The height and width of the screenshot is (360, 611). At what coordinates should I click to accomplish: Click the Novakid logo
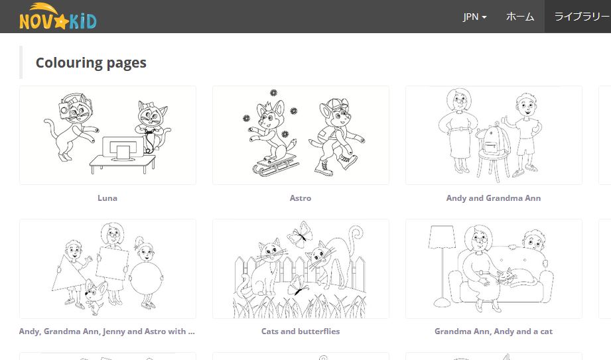pos(58,17)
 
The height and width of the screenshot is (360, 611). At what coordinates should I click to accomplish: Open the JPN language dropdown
pos(474,17)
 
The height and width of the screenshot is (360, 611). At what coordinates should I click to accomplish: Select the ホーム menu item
pos(520,17)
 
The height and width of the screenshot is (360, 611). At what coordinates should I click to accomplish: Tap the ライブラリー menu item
pos(581,17)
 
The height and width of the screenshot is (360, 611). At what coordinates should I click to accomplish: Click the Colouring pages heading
pos(91,63)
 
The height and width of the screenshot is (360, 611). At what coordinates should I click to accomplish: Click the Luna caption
pos(107,198)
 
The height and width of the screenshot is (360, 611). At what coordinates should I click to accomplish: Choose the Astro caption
pos(301,198)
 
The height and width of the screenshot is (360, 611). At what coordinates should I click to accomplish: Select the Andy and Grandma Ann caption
pos(494,198)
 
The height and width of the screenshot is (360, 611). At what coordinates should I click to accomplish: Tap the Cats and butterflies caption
pos(301,331)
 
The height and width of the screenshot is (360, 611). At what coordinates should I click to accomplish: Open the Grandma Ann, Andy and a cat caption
pos(494,331)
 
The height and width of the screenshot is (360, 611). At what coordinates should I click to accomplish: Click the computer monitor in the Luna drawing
pos(122,149)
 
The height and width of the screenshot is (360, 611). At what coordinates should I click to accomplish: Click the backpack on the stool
pos(492,139)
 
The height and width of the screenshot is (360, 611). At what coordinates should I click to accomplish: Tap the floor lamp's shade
pos(441,237)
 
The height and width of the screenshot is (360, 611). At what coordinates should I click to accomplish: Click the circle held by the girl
pos(147,278)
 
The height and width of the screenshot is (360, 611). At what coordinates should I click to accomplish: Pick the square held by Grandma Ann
pos(112,263)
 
